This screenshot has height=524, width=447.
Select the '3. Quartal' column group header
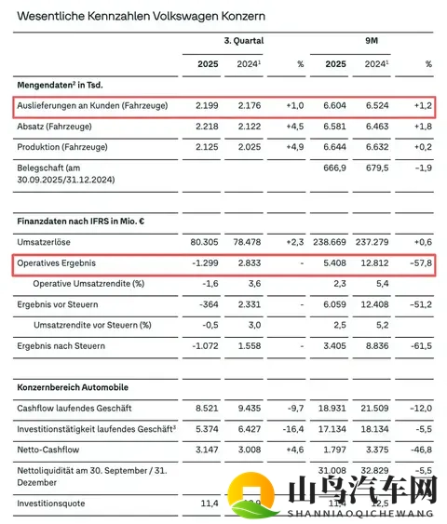point(243,41)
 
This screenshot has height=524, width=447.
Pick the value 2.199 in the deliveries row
point(208,106)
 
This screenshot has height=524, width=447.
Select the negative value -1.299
point(205,264)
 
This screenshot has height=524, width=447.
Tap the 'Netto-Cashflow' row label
point(48,451)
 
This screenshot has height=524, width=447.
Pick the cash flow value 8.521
point(207,408)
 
